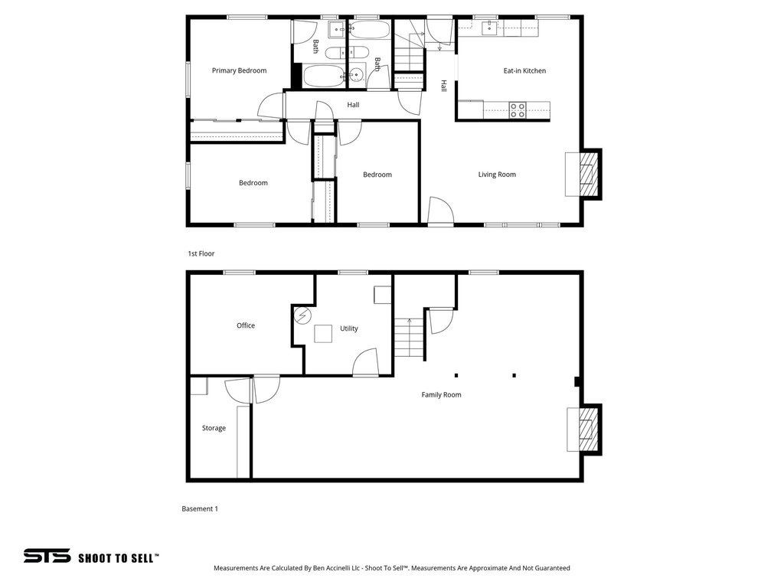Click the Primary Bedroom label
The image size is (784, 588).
239,70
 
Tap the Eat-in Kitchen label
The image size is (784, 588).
524,70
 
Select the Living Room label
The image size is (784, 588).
497,175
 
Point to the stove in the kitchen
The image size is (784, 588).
518,110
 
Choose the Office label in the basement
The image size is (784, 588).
246,325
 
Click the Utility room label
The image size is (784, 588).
349,328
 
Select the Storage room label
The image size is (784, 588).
214,428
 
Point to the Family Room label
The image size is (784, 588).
442,395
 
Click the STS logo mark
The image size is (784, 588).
47,557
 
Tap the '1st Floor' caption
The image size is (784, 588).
201,253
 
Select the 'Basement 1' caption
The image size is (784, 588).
200,508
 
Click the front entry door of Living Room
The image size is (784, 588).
439,212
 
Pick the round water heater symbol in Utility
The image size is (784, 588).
303,315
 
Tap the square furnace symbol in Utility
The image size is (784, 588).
323,334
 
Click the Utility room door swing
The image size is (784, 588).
366,362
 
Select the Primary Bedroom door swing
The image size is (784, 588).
271,106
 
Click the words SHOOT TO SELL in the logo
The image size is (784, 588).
119,558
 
